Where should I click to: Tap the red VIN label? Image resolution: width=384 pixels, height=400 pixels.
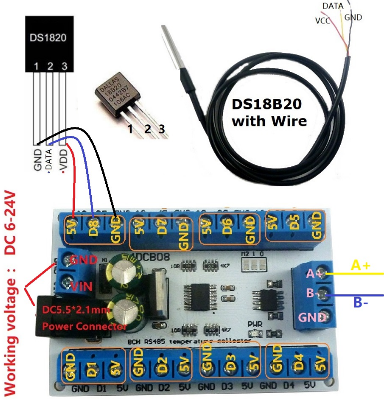pos(80,287)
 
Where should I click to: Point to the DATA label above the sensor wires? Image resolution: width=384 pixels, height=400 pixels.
pos(333,6)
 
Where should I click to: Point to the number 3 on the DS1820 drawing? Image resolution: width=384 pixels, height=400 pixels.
pos(64,66)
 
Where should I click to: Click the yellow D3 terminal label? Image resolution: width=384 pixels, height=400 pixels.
pos(229,364)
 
